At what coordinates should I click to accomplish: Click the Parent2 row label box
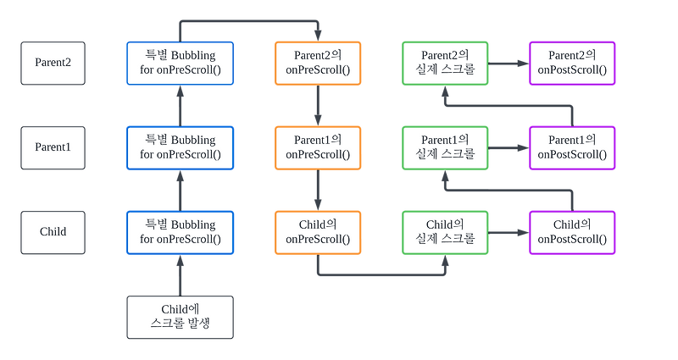point(53,63)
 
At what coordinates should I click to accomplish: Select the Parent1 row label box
point(53,147)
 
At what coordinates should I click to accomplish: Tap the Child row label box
point(53,231)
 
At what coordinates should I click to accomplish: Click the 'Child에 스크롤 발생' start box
point(179,316)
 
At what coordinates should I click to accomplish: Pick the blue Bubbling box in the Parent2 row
point(179,63)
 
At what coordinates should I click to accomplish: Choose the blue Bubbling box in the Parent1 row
point(179,147)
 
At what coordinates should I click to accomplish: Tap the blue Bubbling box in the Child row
point(179,231)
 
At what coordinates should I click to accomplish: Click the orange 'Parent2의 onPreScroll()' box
point(317,63)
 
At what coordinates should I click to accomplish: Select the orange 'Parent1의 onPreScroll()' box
point(317,147)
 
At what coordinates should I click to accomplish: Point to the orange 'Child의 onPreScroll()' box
point(317,231)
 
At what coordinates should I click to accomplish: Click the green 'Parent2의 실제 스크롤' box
point(445,63)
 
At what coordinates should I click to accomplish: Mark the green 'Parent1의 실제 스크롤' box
point(445,147)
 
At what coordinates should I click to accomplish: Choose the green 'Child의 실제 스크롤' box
point(445,231)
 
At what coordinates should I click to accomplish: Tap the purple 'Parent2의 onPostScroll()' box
point(573,63)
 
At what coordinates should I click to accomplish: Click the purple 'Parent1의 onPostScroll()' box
point(573,147)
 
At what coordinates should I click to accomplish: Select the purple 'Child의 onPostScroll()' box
point(573,231)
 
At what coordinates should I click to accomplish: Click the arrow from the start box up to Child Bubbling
point(179,274)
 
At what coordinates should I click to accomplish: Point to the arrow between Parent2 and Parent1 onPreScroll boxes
point(317,104)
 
